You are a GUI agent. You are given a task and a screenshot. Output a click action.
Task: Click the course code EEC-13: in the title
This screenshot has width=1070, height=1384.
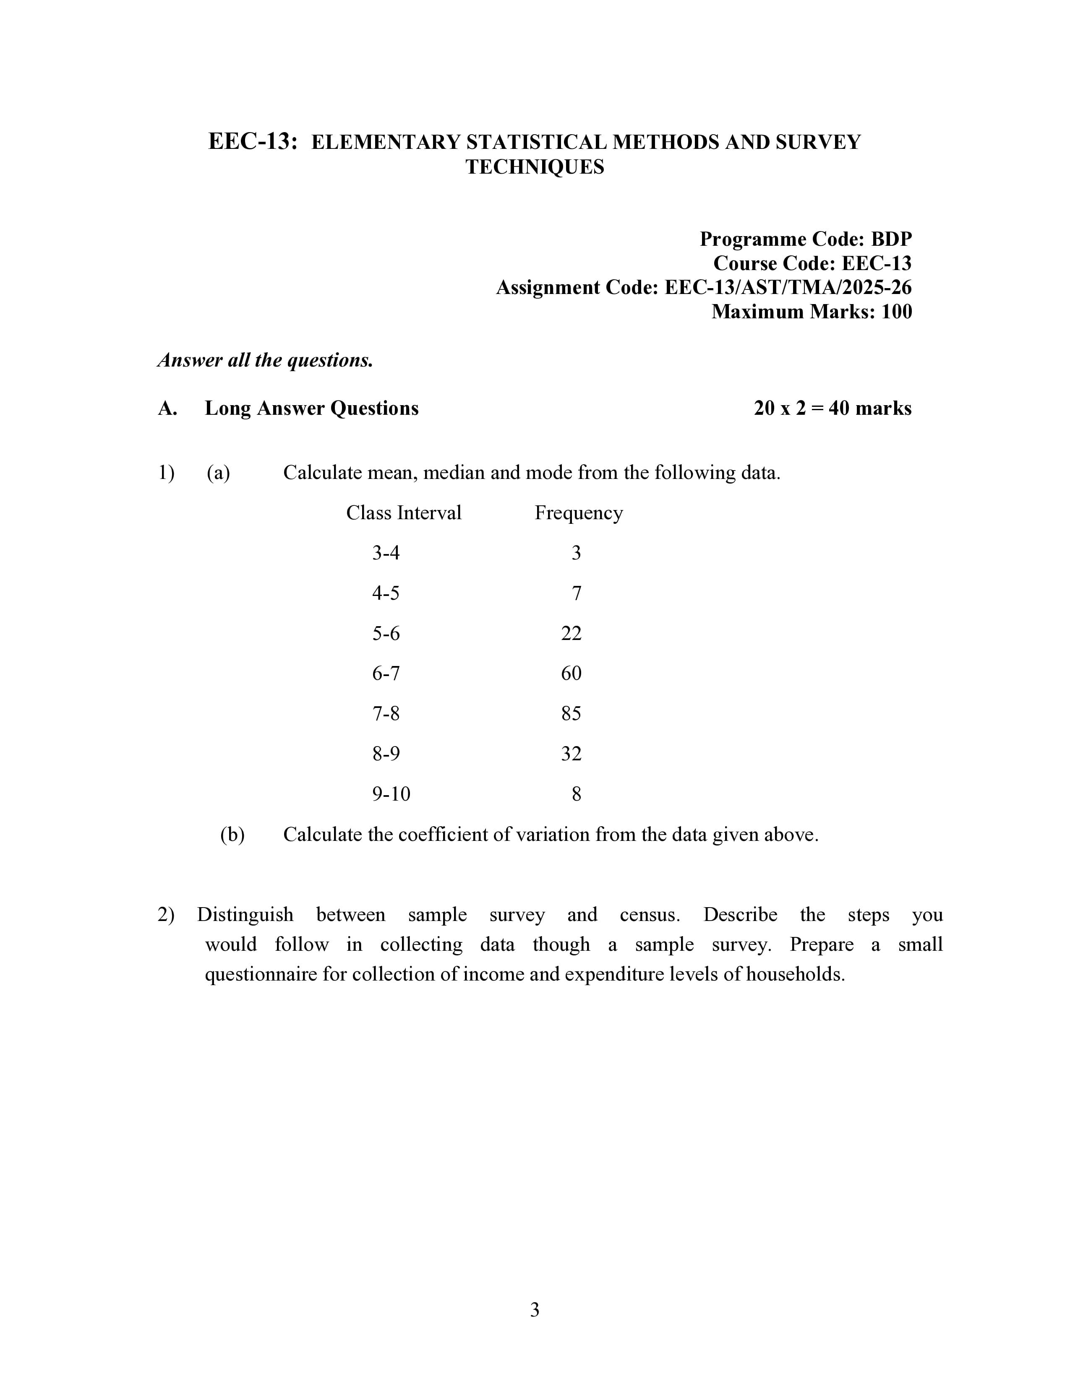tap(252, 141)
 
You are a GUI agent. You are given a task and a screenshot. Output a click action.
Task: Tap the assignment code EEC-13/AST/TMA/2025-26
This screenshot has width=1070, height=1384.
tap(787, 288)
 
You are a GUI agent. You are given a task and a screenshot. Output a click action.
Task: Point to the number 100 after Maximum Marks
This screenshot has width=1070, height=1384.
tap(896, 312)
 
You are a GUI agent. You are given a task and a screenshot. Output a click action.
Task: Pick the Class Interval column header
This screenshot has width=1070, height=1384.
tap(403, 512)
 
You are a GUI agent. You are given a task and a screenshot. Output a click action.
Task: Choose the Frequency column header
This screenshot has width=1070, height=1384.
tap(578, 512)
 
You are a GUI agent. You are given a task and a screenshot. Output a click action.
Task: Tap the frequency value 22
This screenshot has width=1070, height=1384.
tap(571, 633)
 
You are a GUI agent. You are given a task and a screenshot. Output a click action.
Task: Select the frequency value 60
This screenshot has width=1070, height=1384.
tap(571, 673)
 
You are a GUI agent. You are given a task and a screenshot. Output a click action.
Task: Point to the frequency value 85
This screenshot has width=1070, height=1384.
tap(571, 713)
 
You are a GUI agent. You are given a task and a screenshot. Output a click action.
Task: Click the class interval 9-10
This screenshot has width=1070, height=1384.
tap(391, 794)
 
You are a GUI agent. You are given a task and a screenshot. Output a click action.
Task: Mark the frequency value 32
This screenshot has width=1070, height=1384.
tap(571, 754)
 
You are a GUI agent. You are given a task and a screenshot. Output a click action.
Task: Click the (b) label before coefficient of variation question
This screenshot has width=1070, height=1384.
tap(232, 835)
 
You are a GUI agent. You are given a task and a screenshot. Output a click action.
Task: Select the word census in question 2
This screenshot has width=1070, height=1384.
tap(649, 915)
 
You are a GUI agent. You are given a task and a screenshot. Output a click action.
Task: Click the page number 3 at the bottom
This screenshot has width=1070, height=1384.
tap(534, 1310)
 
